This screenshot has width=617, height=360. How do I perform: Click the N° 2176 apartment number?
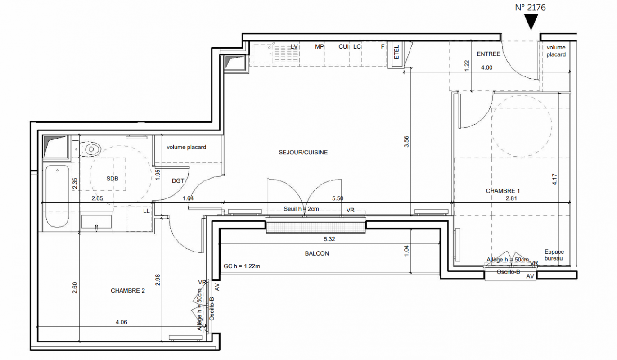[530, 8]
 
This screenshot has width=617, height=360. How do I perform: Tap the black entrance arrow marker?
[531, 22]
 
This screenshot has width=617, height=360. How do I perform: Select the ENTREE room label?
[488, 54]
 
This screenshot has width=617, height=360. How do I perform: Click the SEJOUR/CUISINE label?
[303, 152]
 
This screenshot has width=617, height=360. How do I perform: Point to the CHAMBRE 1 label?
[503, 191]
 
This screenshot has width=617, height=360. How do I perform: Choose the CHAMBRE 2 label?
[127, 291]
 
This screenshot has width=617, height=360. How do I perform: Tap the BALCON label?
[317, 253]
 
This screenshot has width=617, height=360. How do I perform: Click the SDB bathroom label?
[113, 179]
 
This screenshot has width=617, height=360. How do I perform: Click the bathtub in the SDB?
[58, 196]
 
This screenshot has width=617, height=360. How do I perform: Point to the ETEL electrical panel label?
[396, 52]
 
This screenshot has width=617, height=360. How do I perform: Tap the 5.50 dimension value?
[338, 198]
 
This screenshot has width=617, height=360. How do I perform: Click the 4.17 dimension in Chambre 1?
[555, 179]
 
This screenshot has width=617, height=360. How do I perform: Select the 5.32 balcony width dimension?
[329, 239]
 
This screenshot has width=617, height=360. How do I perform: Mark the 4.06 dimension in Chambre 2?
[122, 322]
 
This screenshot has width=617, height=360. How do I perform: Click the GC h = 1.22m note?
[242, 266]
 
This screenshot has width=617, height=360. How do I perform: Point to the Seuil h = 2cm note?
[301, 209]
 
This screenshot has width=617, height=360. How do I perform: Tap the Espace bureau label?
[554, 255]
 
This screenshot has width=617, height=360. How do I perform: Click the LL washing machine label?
[146, 211]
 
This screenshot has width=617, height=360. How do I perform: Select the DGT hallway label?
[178, 181]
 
